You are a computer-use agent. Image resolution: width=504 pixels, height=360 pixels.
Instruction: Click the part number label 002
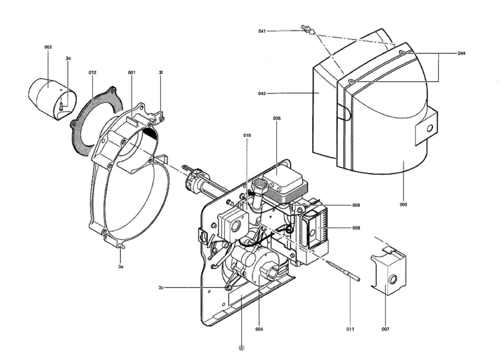coord(48,47)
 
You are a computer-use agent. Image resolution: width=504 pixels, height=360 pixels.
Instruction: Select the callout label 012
coord(92,72)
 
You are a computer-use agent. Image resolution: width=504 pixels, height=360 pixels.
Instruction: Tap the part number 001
coord(132,72)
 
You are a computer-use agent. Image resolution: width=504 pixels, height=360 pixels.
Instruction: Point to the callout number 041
coord(262,31)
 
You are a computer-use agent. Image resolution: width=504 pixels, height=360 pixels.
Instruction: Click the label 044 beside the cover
coord(461,53)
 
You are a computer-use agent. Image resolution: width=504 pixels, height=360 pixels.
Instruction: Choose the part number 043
coord(262,94)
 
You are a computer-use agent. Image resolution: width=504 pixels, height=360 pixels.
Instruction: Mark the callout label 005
coord(403,205)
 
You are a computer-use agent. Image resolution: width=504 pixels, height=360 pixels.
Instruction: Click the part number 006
coord(277,118)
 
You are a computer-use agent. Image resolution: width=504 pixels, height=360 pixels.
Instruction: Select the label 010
coord(247,136)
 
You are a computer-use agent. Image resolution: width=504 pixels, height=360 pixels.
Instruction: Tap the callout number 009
coord(356,205)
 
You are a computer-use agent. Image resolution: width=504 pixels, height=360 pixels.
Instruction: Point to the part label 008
coord(356,228)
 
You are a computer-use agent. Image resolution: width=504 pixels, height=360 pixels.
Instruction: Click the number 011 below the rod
coord(350,329)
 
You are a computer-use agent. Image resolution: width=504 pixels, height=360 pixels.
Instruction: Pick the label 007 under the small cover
coord(385,329)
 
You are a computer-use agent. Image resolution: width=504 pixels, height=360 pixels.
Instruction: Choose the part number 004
coord(259,329)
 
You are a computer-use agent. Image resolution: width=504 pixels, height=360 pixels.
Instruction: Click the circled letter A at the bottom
coord(242,347)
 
